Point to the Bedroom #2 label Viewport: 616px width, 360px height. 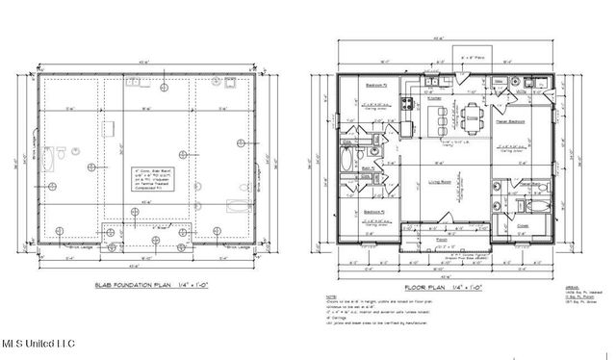(377, 86)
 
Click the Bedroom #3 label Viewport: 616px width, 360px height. (377, 211)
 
